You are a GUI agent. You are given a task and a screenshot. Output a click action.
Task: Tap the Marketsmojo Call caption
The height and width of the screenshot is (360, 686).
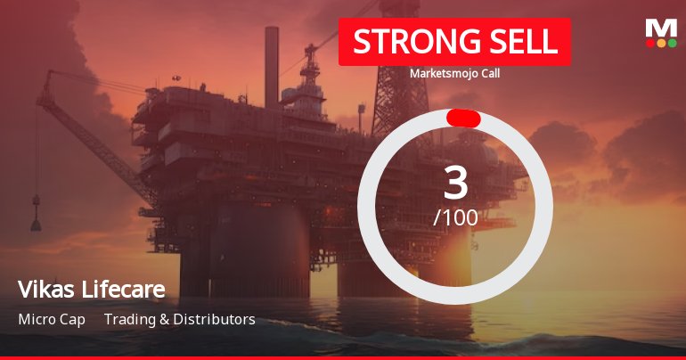tap(454, 73)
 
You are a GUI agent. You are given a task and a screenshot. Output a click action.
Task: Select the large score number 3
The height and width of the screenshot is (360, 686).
tap(455, 183)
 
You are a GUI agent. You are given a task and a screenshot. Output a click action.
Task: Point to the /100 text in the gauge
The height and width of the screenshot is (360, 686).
tap(455, 217)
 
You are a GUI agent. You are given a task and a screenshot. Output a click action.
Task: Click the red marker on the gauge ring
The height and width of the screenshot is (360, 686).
tap(463, 119)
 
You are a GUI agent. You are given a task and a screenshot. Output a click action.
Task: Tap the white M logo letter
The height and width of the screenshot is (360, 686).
tap(661, 28)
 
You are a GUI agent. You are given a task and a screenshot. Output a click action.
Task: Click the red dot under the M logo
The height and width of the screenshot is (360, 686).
tap(649, 43)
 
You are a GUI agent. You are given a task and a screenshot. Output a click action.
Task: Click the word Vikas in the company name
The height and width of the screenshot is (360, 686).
tap(42, 290)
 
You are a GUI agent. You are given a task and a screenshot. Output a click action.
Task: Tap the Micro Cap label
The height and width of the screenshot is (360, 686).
tap(52, 319)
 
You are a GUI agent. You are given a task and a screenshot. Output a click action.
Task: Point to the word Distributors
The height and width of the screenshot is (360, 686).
tap(214, 319)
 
